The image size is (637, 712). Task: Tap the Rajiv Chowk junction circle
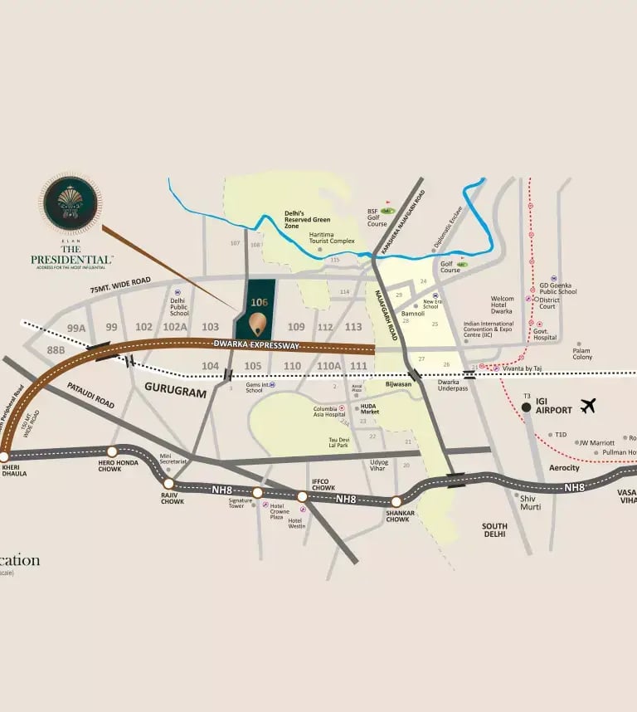coord(169,483)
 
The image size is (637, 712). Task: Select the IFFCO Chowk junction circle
coord(303,496)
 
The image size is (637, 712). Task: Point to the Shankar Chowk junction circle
coord(396,501)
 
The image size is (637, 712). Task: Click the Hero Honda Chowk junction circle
coord(113,451)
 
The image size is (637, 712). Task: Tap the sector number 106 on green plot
coord(259,303)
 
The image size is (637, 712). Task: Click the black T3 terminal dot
coord(526,407)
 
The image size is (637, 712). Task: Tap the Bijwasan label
coord(398,384)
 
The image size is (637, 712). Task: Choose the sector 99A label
coord(77,328)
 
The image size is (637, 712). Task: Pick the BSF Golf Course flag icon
coord(387,212)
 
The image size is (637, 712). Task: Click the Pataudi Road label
coord(91,395)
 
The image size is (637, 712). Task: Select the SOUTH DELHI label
coord(494,530)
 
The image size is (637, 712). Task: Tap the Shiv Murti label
coord(529,501)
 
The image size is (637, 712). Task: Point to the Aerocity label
coord(564,468)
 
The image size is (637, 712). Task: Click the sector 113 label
coord(353,327)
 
